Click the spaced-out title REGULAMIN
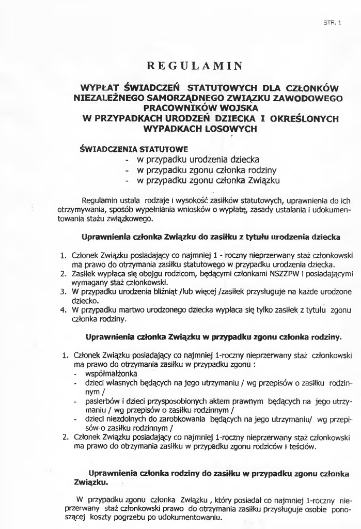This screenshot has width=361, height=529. pos(195,66)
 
